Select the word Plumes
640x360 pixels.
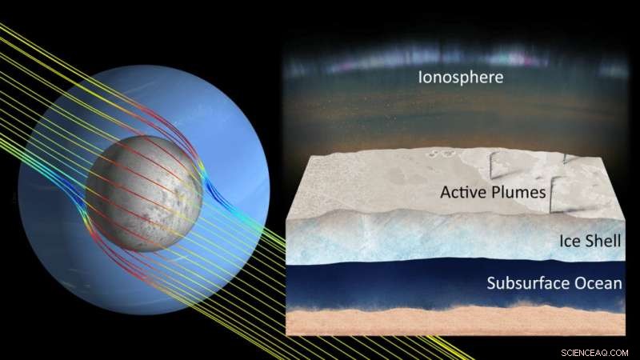(x=522, y=192)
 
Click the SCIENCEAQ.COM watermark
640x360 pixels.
(x=594, y=350)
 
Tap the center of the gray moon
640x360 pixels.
(x=145, y=192)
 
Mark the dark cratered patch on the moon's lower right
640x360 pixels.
(x=172, y=224)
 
